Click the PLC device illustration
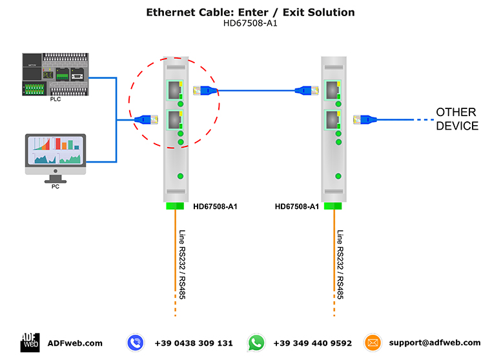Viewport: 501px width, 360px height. tap(55, 74)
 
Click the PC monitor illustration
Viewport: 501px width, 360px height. tap(55, 155)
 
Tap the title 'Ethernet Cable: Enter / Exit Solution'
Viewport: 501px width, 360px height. tap(251, 12)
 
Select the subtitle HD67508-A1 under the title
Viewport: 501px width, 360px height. tap(251, 23)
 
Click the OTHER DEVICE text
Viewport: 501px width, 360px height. tap(457, 119)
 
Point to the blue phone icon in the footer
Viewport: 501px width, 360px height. tap(135, 343)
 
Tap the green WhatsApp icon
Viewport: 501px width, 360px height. tap(256, 343)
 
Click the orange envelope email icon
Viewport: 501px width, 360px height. tap(373, 343)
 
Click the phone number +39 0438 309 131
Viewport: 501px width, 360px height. tap(194, 343)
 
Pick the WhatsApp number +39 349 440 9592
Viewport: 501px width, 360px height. tap(312, 343)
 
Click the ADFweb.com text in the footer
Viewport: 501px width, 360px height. tap(75, 343)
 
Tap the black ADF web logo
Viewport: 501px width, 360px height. tap(30, 343)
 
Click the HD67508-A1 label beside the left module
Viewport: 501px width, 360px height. tap(216, 206)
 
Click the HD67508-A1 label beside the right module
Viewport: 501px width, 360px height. tap(297, 206)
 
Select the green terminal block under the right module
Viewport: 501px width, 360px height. tap(332, 206)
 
